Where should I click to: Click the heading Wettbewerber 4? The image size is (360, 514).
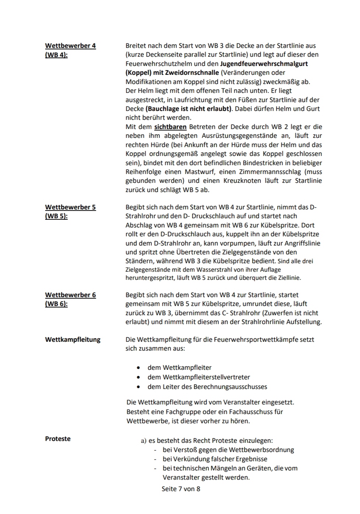point(70,46)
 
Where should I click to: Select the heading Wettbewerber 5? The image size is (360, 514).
point(70,207)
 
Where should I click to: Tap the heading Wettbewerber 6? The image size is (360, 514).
point(70,295)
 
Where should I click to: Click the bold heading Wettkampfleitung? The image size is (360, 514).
point(73,340)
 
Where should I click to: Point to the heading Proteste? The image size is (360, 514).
point(58,439)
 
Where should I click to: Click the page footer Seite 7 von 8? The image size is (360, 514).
point(181,489)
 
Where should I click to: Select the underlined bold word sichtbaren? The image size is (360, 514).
point(170,127)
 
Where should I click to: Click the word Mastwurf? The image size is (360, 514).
point(199,172)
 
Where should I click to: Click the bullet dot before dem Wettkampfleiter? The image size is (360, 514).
point(138,368)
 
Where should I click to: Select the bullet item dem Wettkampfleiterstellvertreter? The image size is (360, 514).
point(199,377)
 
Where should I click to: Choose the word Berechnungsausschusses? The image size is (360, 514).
point(230,387)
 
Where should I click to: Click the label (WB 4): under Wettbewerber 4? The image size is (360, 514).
point(56,55)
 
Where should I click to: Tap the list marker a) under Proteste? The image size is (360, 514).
point(144,441)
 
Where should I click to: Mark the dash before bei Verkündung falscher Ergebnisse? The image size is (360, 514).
point(155,459)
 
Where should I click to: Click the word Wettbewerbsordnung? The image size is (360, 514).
point(261,450)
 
